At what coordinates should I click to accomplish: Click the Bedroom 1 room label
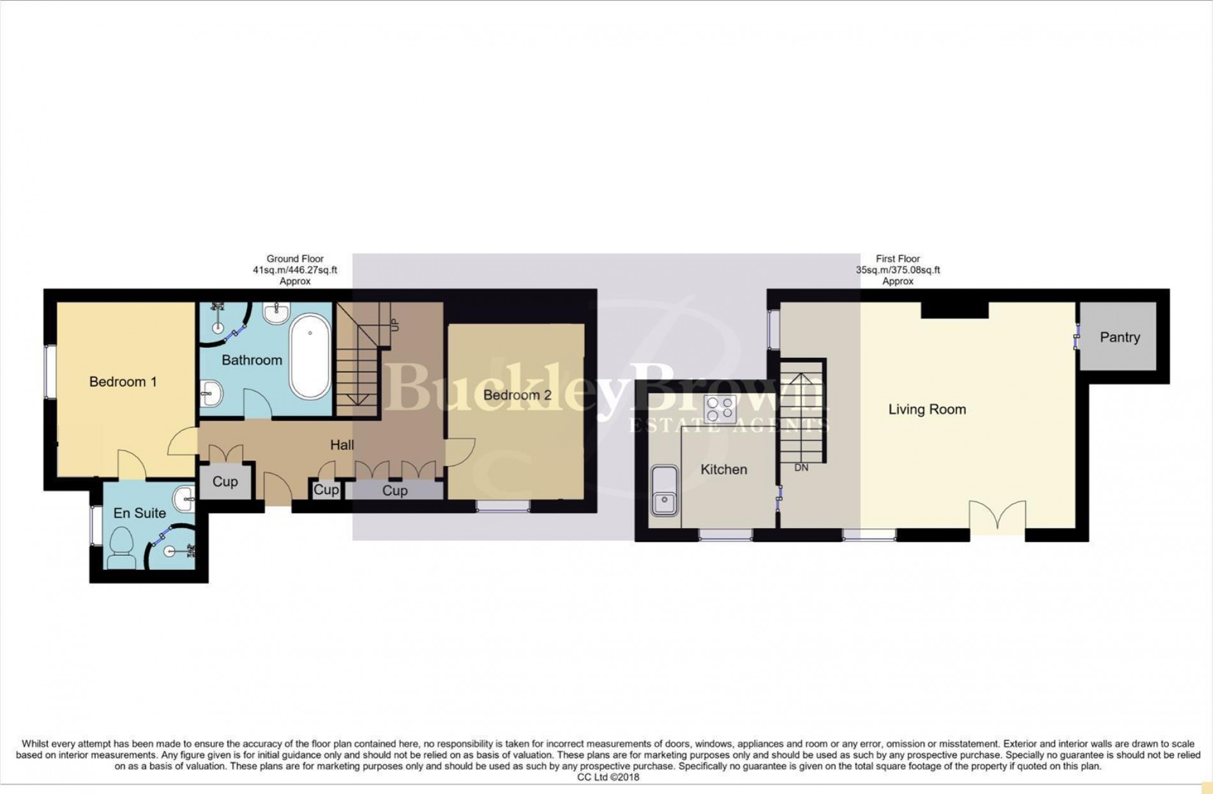[123, 382]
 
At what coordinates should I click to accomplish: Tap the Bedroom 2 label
[517, 395]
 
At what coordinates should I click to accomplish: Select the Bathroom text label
[252, 360]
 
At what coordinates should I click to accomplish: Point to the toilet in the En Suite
[121, 550]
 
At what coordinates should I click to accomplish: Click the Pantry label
[1120, 337]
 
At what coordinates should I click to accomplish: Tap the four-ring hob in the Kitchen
[720, 409]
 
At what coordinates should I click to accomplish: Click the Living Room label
[927, 409]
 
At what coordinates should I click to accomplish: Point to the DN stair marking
[801, 468]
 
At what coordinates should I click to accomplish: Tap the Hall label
[342, 445]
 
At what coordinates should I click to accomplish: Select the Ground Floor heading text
[295, 258]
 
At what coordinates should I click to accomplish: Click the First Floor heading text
[898, 258]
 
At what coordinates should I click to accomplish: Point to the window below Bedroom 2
[503, 506]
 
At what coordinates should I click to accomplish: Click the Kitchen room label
[724, 470]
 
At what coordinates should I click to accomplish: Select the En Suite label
[139, 513]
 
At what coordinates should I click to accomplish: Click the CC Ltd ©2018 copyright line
[608, 777]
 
